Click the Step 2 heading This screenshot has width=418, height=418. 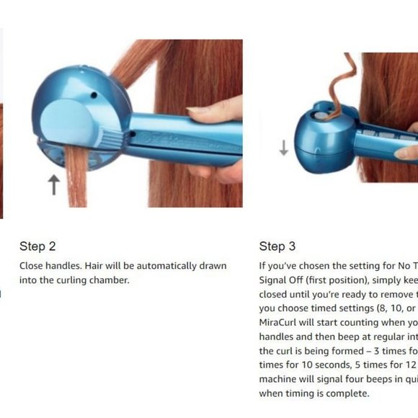37,246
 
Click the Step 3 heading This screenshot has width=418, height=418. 277,246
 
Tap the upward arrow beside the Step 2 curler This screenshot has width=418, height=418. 53,185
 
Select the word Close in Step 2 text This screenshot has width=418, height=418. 32,266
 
